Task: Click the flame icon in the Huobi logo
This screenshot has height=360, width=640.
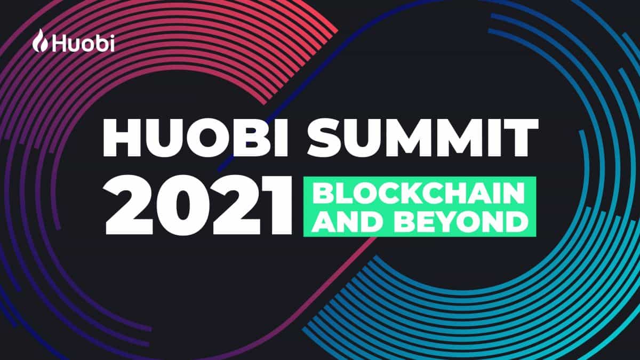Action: (x=42, y=41)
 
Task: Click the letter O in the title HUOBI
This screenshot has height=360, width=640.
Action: (x=218, y=138)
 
